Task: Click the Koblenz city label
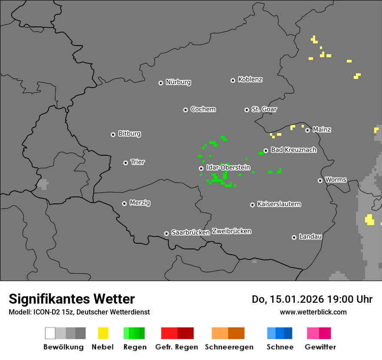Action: point(250,80)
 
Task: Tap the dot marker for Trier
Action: point(126,163)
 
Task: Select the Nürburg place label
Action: point(178,82)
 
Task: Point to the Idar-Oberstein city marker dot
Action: point(201,168)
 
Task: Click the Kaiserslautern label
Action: point(279,204)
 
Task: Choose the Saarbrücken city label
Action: point(191,232)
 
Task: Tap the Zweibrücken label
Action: point(231,231)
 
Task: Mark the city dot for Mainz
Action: point(308,130)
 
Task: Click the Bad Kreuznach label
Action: point(293,150)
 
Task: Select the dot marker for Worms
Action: point(320,180)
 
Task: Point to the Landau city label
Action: point(310,237)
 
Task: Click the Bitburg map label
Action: point(129,134)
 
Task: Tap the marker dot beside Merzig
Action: point(125,203)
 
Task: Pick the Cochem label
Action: point(203,109)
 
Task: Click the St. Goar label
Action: point(264,109)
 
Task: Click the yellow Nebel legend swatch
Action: point(103,333)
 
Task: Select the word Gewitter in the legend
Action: point(320,347)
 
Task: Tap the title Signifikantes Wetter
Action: point(72,299)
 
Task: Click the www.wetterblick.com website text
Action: point(313,312)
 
